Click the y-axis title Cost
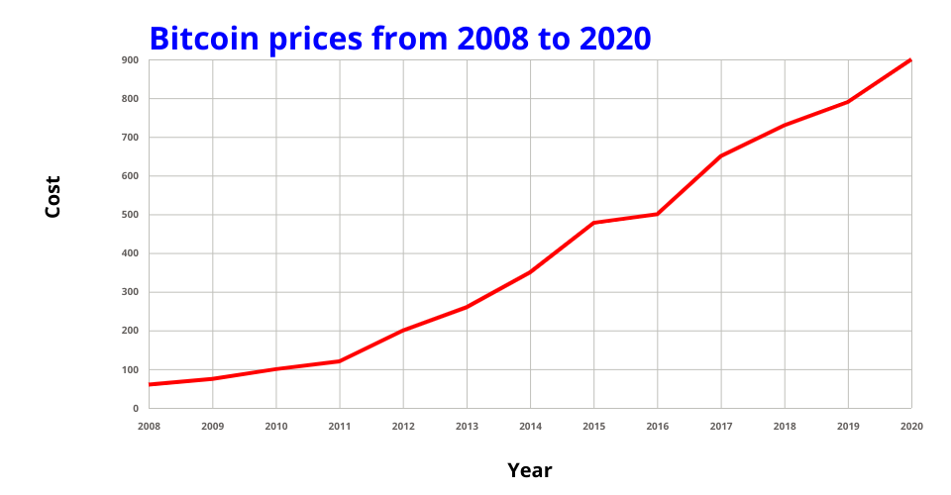coord(53,196)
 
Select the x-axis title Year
coord(529,470)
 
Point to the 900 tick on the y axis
coord(131,60)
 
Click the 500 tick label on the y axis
coord(131,215)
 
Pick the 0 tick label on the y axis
coord(136,409)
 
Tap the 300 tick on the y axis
coord(131,292)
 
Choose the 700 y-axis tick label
coord(131,138)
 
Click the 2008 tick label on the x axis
coord(149,426)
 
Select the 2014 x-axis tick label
coord(530,426)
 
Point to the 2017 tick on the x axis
coord(721,426)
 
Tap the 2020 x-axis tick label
coord(911,426)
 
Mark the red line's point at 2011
coord(340,361)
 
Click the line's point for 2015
coord(593,223)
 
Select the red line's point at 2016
coord(657,214)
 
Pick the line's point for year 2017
coord(721,156)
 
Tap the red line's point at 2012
coord(403,331)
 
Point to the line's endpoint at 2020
coord(910,60)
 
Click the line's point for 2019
coord(848,102)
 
